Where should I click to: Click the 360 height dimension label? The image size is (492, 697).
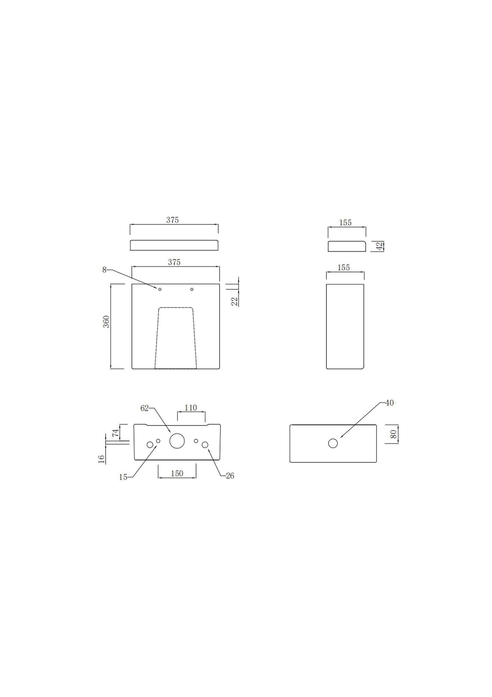[x=107, y=322]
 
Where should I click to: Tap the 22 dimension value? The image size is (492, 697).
[x=235, y=301]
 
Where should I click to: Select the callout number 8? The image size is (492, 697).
[x=104, y=270]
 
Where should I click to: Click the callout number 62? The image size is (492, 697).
[x=145, y=408]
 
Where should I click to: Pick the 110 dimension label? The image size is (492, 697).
[x=191, y=407]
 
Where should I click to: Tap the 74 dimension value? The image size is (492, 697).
[x=115, y=433]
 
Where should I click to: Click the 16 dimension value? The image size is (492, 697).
[x=101, y=459]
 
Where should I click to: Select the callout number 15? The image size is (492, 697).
[x=123, y=477]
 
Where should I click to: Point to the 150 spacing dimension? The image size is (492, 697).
[x=177, y=473]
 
